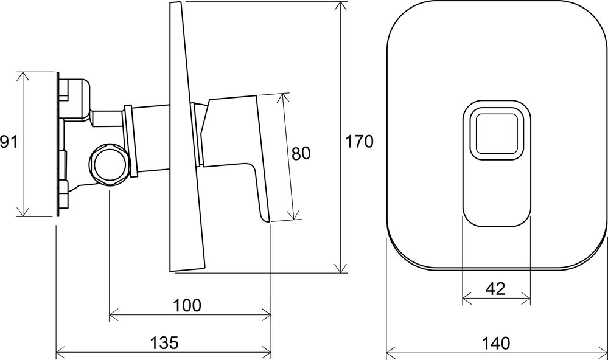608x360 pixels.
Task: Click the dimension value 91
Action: pos(9,142)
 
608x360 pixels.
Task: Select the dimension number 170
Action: pos(359,142)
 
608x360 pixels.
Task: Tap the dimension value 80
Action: pos(301,153)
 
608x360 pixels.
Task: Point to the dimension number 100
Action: pos(187,305)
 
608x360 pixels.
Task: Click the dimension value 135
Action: pos(164,342)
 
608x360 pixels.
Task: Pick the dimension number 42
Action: pos(495,289)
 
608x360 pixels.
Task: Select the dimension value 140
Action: pos(496,343)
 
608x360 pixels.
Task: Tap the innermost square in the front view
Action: pos(496,134)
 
